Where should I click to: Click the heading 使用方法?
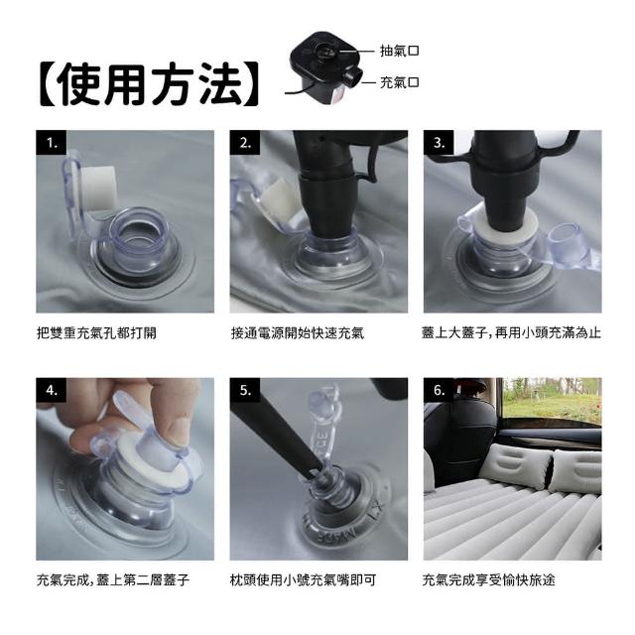coord(150,84)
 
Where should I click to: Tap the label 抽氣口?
coord(399,51)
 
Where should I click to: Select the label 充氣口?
coord(399,82)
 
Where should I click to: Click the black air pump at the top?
coord(323,68)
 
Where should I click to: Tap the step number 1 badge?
coord(51,143)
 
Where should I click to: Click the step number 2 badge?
coord(245,143)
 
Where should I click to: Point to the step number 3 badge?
coord(439,143)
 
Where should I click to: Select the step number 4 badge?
coord(51,390)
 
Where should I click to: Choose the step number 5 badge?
coord(245,390)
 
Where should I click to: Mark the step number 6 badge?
coord(439,390)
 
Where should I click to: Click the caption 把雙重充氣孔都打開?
coord(96,333)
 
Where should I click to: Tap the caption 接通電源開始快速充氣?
coord(298,333)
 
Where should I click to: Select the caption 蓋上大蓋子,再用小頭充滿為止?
coord(511,333)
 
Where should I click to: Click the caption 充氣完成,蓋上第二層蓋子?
coord(113,580)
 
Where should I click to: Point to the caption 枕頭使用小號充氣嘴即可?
coord(303,580)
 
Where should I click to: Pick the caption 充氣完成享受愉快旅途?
coord(488,580)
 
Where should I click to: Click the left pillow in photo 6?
coord(520,466)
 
